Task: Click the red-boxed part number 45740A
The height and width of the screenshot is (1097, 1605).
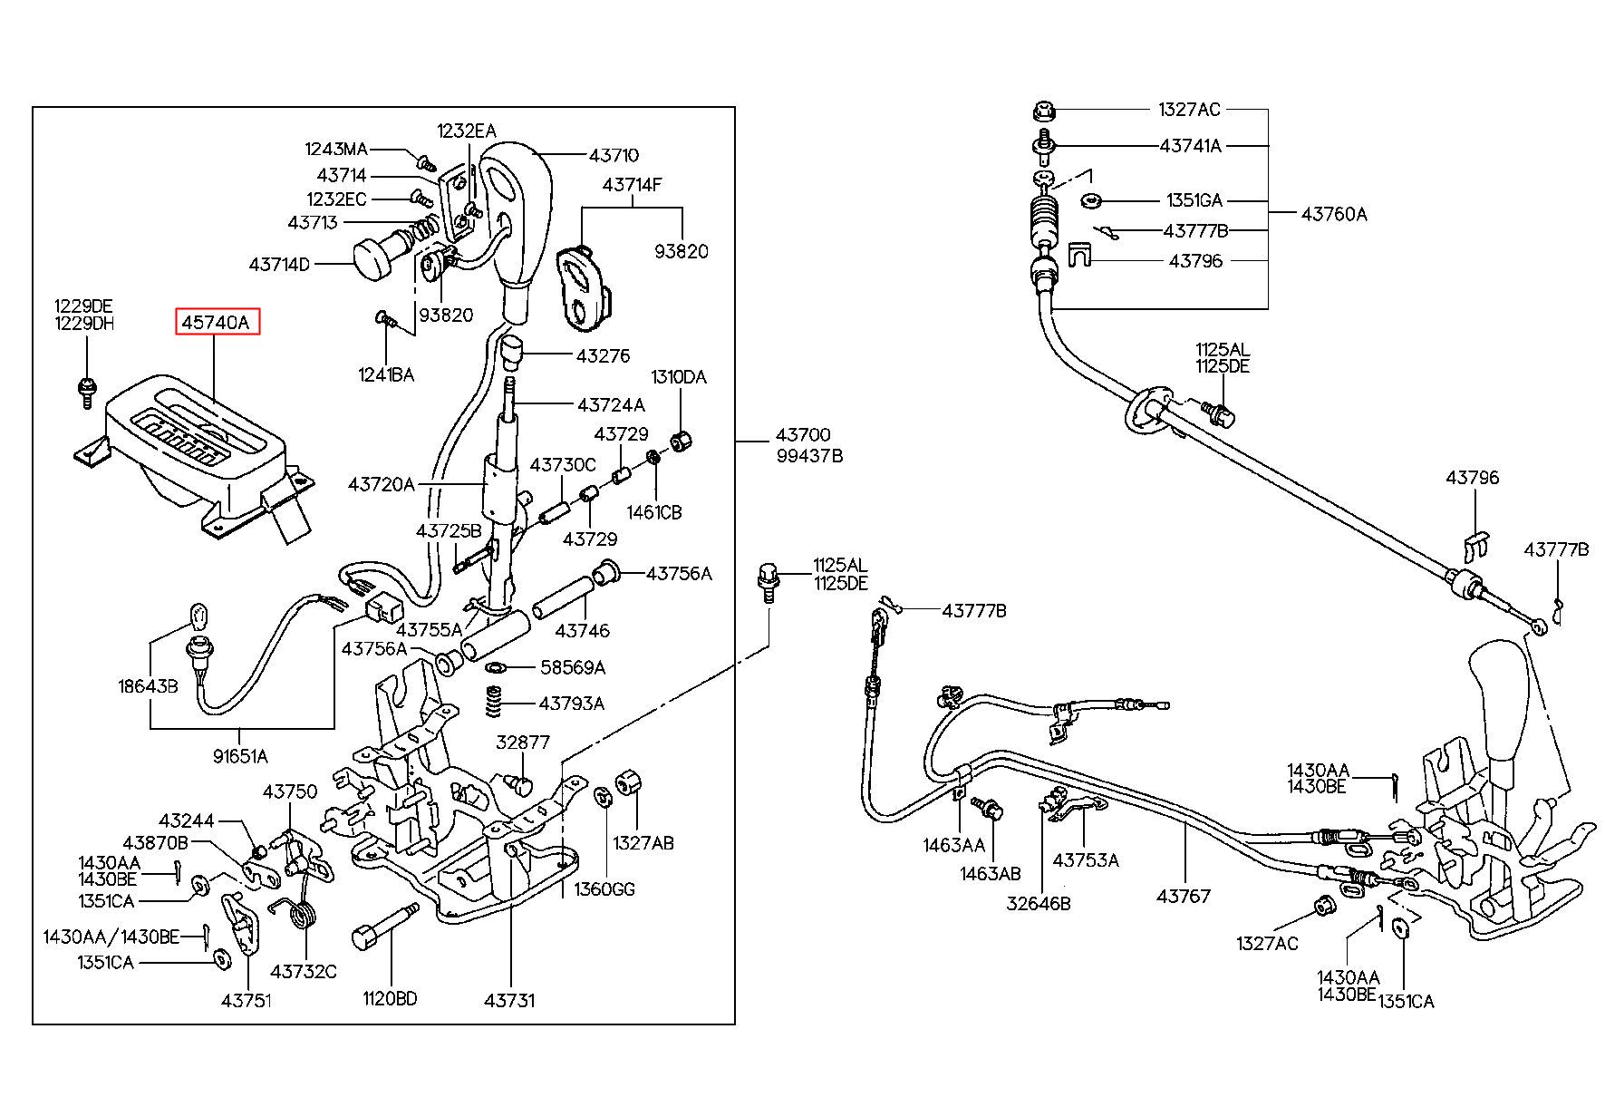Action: click(218, 321)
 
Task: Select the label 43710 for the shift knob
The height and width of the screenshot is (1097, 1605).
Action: click(614, 156)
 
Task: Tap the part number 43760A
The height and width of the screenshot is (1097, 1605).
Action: click(1334, 215)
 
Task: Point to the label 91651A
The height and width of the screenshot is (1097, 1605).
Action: click(240, 756)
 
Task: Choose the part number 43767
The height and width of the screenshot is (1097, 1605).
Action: click(1184, 897)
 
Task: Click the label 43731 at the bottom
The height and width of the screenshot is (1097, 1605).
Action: click(509, 1001)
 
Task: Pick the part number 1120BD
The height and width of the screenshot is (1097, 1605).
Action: click(390, 999)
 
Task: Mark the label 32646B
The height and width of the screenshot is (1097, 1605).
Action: click(1039, 904)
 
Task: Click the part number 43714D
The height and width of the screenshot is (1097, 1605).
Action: click(279, 265)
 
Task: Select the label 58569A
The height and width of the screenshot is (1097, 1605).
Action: click(572, 668)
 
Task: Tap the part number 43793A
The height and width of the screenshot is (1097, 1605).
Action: click(571, 704)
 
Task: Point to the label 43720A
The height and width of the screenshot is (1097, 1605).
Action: click(381, 485)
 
